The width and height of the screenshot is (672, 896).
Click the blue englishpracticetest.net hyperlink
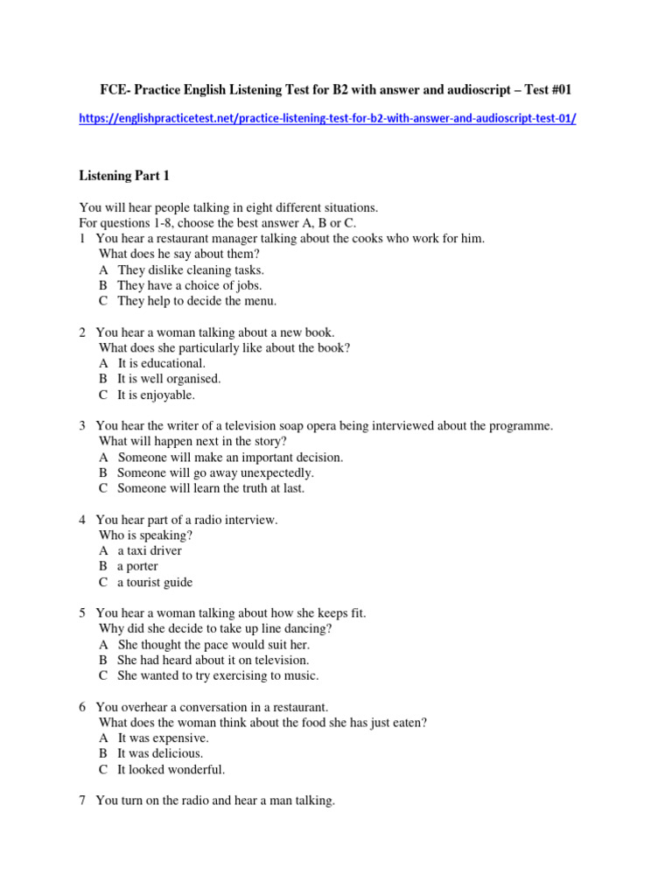click(x=327, y=119)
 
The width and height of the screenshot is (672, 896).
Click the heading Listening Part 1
click(x=123, y=176)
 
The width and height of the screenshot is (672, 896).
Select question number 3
click(x=82, y=426)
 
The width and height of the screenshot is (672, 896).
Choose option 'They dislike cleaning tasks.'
click(x=190, y=270)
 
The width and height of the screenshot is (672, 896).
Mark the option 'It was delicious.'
click(x=160, y=753)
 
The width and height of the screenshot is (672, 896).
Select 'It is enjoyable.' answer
click(x=156, y=395)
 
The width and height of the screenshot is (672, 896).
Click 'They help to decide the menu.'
click(x=196, y=301)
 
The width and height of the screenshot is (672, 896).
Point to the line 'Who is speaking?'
click(x=146, y=535)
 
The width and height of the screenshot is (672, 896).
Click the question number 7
click(x=82, y=801)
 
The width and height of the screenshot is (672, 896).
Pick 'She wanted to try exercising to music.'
click(x=218, y=675)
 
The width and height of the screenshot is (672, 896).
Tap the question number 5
click(x=82, y=613)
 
